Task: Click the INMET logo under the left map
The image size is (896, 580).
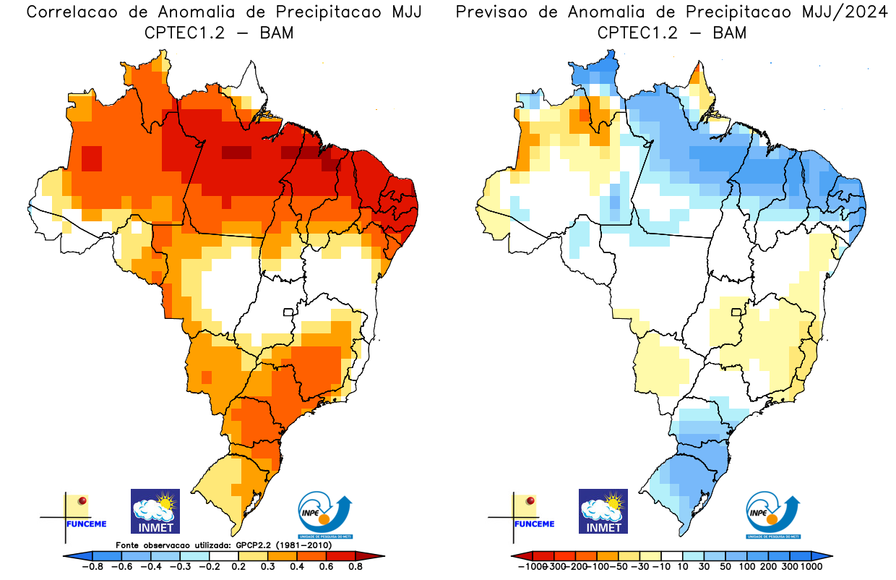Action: tap(155, 511)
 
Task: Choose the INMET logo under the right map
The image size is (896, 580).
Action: tap(603, 511)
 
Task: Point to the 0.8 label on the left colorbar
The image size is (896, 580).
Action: tap(355, 567)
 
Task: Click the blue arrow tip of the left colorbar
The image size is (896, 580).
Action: tap(68, 555)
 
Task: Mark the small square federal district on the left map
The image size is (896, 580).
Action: tap(288, 312)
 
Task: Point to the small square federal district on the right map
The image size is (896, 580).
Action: tap(736, 312)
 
